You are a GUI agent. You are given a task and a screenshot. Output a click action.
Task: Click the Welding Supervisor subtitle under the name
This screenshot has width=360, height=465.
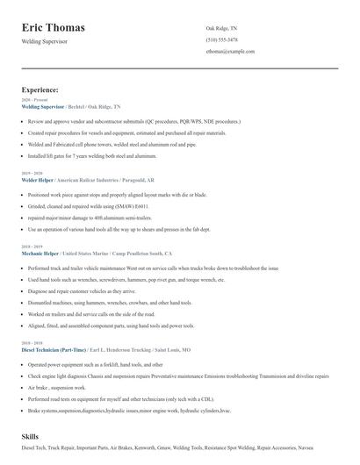[50, 41]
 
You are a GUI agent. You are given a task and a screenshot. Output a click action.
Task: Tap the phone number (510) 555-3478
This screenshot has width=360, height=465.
[222, 39]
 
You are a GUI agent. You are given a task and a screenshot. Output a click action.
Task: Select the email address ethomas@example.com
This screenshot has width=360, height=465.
[230, 52]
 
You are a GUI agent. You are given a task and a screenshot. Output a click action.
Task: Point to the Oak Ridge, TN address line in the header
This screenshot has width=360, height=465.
[221, 28]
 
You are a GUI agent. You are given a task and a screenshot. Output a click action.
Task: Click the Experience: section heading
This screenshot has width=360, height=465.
[40, 89]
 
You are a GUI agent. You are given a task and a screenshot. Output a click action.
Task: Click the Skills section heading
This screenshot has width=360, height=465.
[31, 435]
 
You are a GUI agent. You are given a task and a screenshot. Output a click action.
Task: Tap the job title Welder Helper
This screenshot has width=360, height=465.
[40, 179]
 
